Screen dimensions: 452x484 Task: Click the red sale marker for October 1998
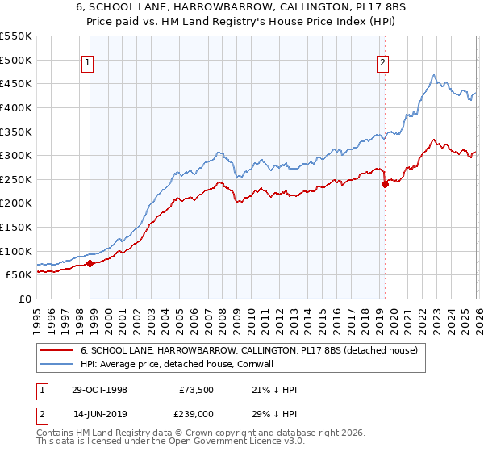tap(90, 263)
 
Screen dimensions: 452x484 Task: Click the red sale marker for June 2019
tap(385, 184)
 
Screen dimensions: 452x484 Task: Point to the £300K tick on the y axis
tap(16, 155)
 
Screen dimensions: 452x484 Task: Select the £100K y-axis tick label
tap(16, 251)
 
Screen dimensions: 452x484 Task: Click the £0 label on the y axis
tap(24, 299)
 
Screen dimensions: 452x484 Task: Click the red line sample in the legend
tap(58, 351)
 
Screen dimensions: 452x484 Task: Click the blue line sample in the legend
tap(58, 364)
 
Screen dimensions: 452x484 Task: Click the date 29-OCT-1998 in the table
tap(98, 389)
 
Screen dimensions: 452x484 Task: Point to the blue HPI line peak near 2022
tap(433, 76)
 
